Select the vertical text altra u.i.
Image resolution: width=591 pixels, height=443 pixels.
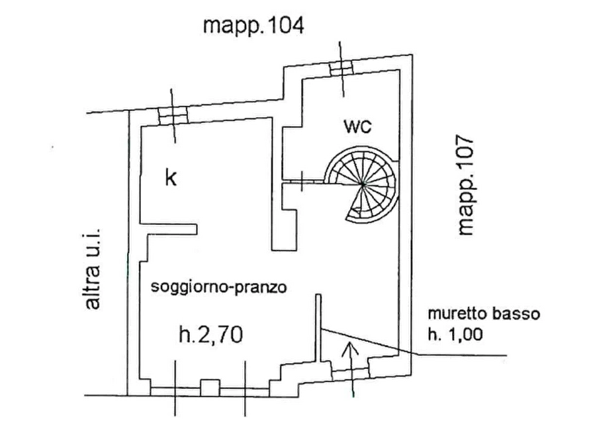click(91, 267)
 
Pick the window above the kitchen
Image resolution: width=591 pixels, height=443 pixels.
click(173, 117)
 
